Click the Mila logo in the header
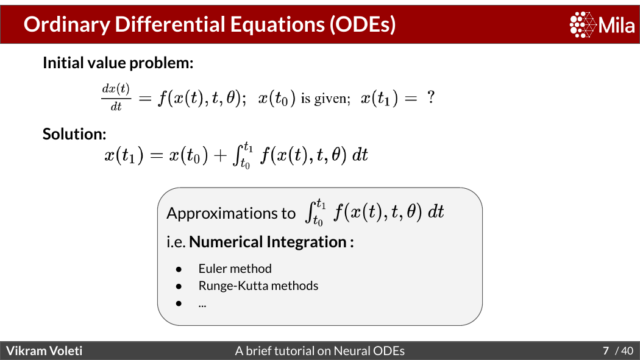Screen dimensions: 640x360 pyautogui.click(x=602, y=24)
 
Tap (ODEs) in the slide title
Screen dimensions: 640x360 pyautogui.click(x=363, y=24)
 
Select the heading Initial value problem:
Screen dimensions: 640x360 pyautogui.click(x=118, y=63)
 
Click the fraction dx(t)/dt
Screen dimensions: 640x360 pyautogui.click(x=116, y=97)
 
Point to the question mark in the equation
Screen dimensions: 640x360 pyautogui.click(x=430, y=97)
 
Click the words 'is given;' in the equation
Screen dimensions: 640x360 pyautogui.click(x=325, y=99)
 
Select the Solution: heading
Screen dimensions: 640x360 pyautogui.click(x=74, y=134)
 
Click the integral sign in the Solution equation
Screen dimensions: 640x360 pyautogui.click(x=236, y=155)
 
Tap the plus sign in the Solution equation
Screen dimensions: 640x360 pyautogui.click(x=220, y=155)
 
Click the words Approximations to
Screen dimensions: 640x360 pyautogui.click(x=230, y=213)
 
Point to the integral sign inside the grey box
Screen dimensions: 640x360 pyautogui.click(x=310, y=211)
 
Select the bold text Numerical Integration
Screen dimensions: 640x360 pyautogui.click(x=268, y=242)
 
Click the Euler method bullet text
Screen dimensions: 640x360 pyautogui.click(x=235, y=269)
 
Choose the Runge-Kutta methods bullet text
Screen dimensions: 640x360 pyautogui.click(x=258, y=286)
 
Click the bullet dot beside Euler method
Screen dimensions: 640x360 pyautogui.click(x=179, y=269)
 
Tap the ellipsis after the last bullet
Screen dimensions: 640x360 pyautogui.click(x=202, y=306)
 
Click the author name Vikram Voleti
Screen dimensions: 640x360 pyautogui.click(x=44, y=351)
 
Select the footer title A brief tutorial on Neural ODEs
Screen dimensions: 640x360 pyautogui.click(x=319, y=351)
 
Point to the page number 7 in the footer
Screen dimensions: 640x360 pyautogui.click(x=606, y=351)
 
